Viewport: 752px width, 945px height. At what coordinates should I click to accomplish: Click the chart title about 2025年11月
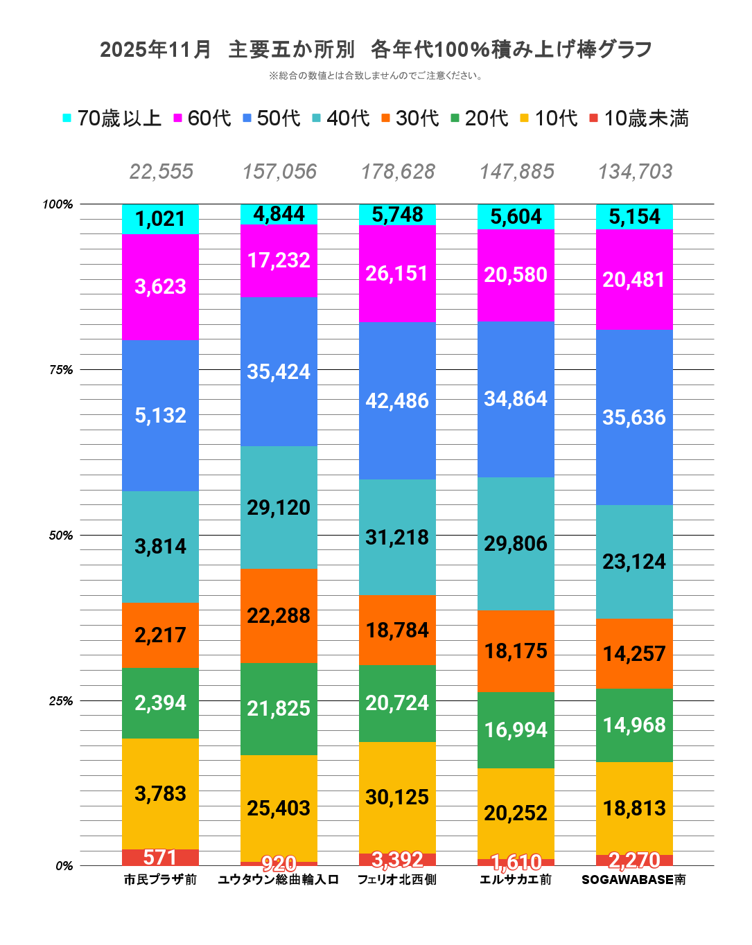pyautogui.click(x=376, y=50)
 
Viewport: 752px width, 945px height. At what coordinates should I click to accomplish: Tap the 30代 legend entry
pyautogui.click(x=410, y=118)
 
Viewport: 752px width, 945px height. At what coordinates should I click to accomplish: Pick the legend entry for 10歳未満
pyautogui.click(x=638, y=118)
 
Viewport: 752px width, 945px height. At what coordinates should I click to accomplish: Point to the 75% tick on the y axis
pyautogui.click(x=61, y=370)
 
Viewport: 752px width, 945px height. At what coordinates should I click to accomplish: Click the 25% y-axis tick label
pyautogui.click(x=61, y=701)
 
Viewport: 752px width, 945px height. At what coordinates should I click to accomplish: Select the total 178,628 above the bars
pyautogui.click(x=398, y=172)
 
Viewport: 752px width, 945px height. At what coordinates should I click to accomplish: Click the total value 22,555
pyautogui.click(x=161, y=172)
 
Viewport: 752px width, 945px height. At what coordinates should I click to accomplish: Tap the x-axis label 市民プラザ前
pyautogui.click(x=160, y=880)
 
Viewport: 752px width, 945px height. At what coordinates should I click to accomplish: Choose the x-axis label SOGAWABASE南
pyautogui.click(x=633, y=880)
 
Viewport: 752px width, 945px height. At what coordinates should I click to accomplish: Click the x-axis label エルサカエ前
pyautogui.click(x=516, y=880)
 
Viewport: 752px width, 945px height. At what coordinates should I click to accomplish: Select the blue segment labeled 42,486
pyautogui.click(x=397, y=400)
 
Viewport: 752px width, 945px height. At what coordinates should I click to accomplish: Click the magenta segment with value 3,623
pyautogui.click(x=160, y=287)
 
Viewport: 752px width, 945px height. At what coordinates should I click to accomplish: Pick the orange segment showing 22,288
pyautogui.click(x=279, y=615)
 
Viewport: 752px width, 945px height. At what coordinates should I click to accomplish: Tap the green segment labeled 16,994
pyautogui.click(x=516, y=730)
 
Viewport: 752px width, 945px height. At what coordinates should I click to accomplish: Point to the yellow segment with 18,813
pyautogui.click(x=634, y=808)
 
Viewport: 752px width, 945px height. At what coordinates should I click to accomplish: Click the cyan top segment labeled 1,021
pyautogui.click(x=160, y=219)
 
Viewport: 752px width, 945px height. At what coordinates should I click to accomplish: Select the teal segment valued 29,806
pyautogui.click(x=516, y=544)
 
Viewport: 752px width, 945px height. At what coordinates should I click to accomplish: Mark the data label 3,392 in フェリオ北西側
pyautogui.click(x=397, y=860)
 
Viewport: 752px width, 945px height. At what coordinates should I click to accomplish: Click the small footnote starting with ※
pyautogui.click(x=376, y=76)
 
